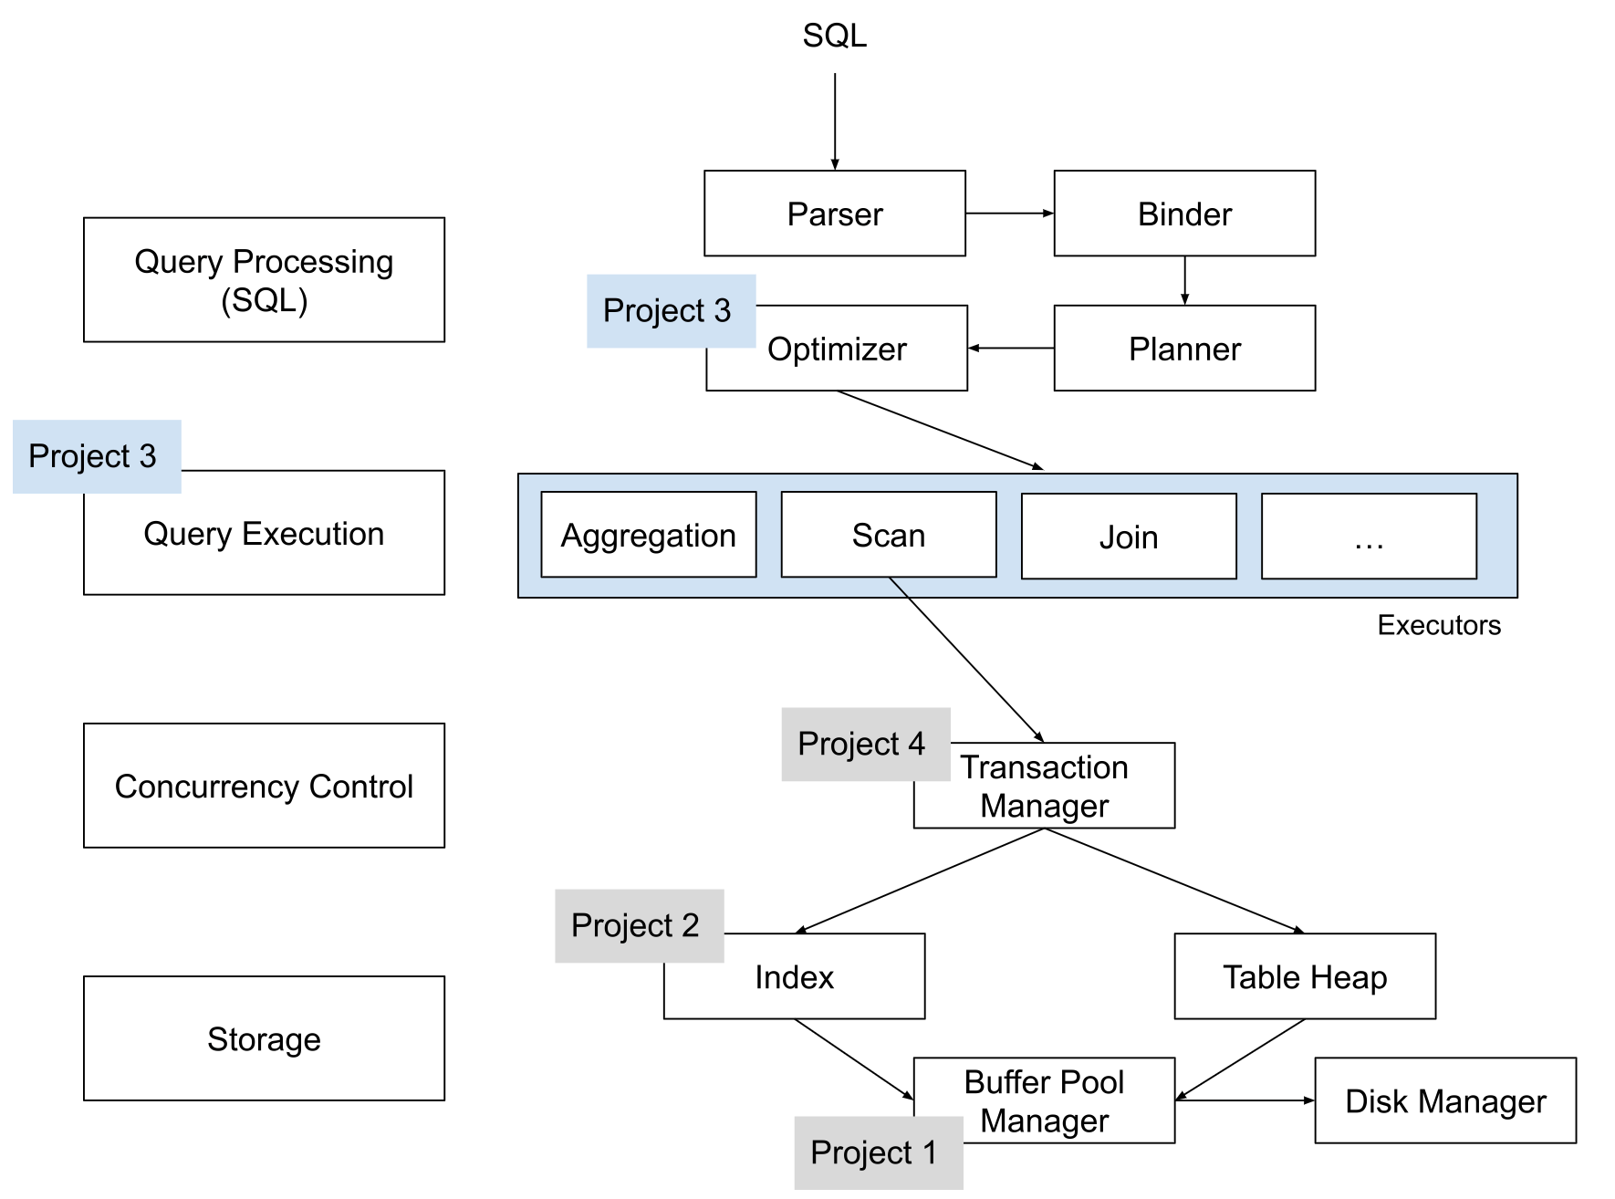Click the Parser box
pyautogui.click(x=834, y=214)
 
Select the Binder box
pyautogui.click(x=1183, y=214)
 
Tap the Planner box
pyautogui.click(x=1183, y=349)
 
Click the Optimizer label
pyautogui.click(x=837, y=349)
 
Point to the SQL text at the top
pyautogui.click(x=834, y=36)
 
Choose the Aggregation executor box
pyautogui.click(x=648, y=536)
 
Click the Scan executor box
pyautogui.click(x=888, y=536)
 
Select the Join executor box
pyautogui.click(x=1128, y=537)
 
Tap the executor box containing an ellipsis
pyautogui.click(x=1368, y=537)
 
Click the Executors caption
pyautogui.click(x=1438, y=625)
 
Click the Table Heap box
pyautogui.click(x=1304, y=976)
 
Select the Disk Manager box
pyautogui.click(x=1444, y=1101)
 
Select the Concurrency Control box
pyautogui.click(x=264, y=786)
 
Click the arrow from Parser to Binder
pyautogui.click(x=1009, y=214)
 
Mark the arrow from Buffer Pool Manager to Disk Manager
pyautogui.click(x=1244, y=1100)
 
